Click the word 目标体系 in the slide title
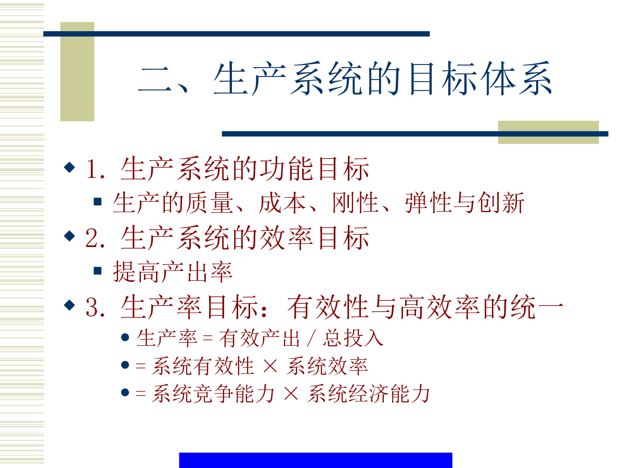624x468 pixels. pyautogui.click(x=480, y=78)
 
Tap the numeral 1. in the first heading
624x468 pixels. pyautogui.click(x=96, y=169)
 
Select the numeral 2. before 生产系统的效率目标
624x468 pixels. pyautogui.click(x=95, y=238)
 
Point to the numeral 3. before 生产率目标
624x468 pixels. pyautogui.click(x=95, y=307)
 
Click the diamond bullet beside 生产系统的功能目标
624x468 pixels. pyautogui.click(x=70, y=167)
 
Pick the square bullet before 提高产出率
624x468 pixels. pyautogui.click(x=98, y=270)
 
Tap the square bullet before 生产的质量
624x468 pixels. pyautogui.click(x=98, y=201)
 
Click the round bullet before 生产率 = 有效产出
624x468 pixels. pyautogui.click(x=125, y=337)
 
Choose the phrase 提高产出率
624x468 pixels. pyautogui.click(x=173, y=272)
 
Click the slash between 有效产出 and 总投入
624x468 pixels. pyautogui.click(x=311, y=338)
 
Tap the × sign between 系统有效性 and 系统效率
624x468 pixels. pyautogui.click(x=270, y=366)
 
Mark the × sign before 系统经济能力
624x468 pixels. pyautogui.click(x=291, y=394)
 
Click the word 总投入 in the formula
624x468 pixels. pyautogui.click(x=353, y=338)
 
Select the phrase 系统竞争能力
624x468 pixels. pyautogui.click(x=213, y=394)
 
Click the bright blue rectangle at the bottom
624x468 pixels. pyautogui.click(x=316, y=460)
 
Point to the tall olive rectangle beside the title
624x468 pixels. pyautogui.click(x=77, y=72)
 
